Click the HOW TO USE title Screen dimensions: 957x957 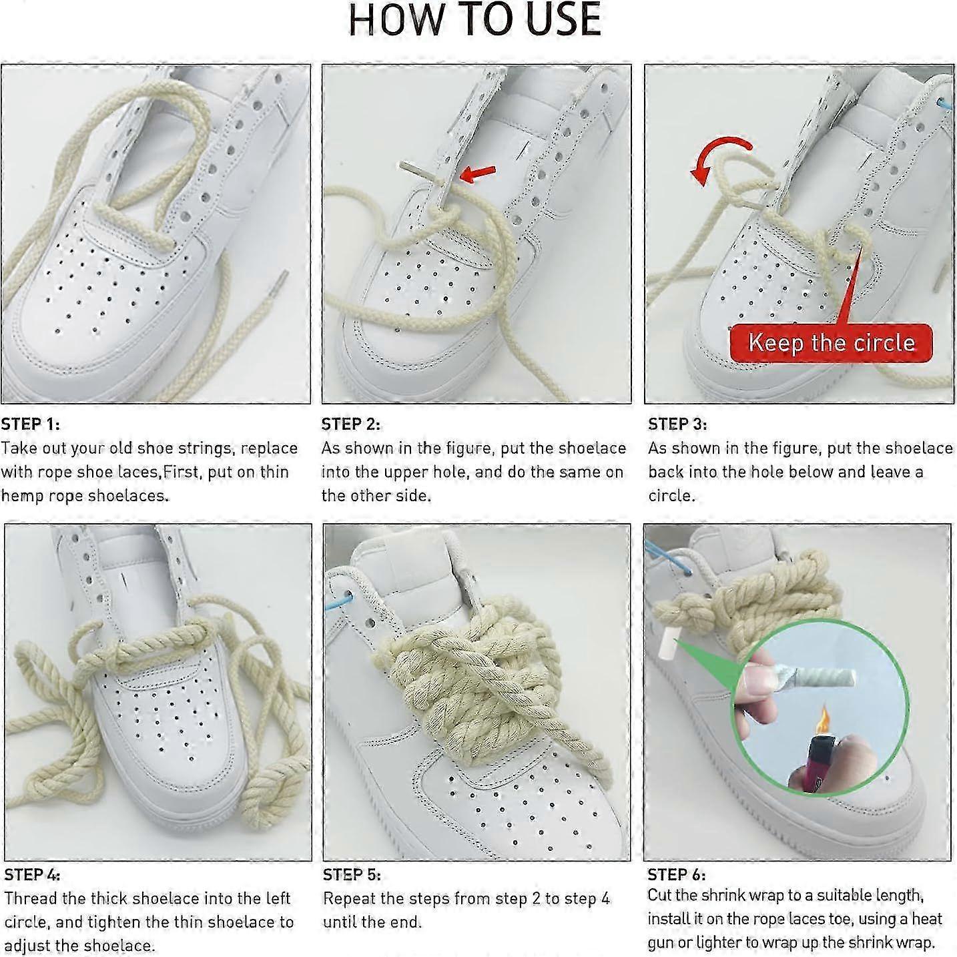(474, 20)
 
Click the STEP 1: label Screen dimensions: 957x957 (30, 424)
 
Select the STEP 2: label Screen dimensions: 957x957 (350, 424)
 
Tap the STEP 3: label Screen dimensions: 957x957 (677, 424)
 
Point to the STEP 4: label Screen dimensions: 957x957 (32, 874)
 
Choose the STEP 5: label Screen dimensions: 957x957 (352, 874)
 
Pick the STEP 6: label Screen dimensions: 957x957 (677, 874)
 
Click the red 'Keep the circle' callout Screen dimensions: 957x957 (832, 343)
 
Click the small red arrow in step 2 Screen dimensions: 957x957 (478, 173)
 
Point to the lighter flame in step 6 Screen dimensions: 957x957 (824, 719)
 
